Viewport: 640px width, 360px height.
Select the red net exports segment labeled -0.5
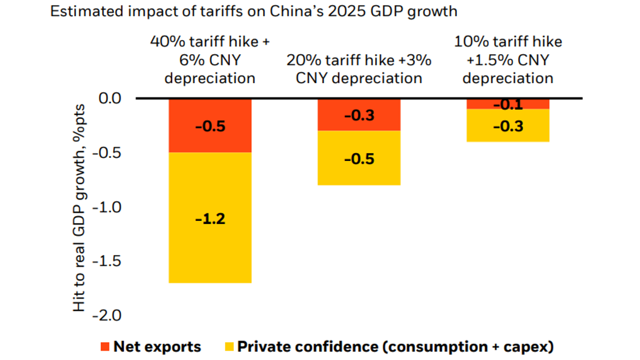point(210,125)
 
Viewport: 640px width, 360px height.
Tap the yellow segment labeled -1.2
point(210,218)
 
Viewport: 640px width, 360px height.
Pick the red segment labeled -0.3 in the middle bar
point(359,115)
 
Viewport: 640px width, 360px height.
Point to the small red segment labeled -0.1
point(508,104)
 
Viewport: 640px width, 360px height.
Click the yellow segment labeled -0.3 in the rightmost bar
point(508,125)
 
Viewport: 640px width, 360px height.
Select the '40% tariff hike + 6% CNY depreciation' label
point(210,60)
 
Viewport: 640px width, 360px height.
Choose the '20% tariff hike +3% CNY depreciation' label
point(359,69)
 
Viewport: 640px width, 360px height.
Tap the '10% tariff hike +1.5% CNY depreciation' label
point(508,60)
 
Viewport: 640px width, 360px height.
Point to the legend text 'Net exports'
point(157,346)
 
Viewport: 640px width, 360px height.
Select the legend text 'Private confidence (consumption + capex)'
point(395,346)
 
